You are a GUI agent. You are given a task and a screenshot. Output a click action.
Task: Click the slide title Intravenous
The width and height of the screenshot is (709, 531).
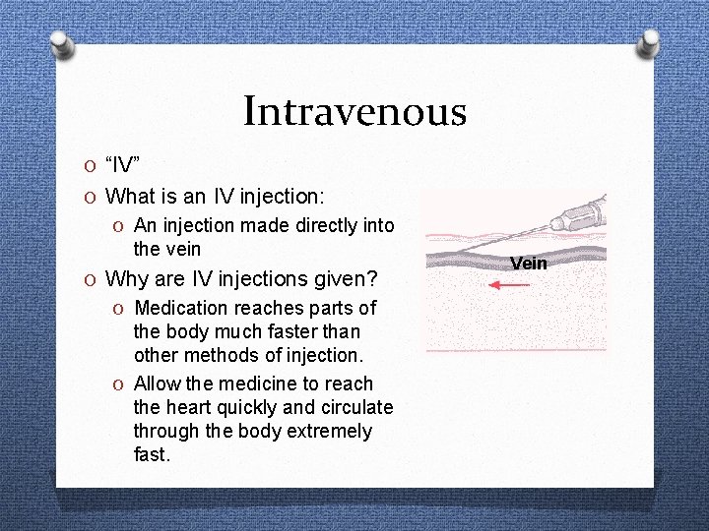[354, 110]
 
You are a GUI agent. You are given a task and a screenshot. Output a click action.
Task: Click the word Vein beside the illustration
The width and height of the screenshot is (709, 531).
[529, 264]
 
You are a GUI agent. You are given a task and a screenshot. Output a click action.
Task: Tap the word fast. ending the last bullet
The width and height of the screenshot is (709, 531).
[152, 454]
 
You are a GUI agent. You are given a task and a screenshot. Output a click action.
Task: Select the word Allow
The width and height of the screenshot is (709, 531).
[156, 383]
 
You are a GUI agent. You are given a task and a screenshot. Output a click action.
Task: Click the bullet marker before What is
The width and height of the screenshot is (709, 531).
[91, 196]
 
